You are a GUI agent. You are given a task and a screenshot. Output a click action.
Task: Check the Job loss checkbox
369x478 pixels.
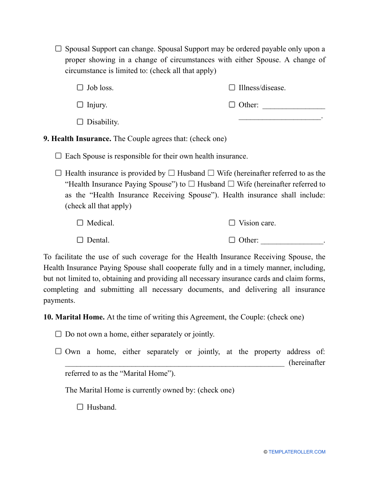(x=80, y=87)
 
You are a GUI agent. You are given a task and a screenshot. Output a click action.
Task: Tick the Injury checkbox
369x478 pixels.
(x=80, y=105)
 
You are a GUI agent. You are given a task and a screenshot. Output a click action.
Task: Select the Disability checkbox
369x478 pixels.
(x=80, y=122)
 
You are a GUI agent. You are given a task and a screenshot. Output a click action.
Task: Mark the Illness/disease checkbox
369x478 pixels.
(x=232, y=87)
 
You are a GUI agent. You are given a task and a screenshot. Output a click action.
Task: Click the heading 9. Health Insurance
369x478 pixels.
(x=77, y=139)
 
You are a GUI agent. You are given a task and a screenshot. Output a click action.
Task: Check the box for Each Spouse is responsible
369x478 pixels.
(x=58, y=156)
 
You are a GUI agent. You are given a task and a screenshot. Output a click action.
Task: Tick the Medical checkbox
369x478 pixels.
(x=80, y=223)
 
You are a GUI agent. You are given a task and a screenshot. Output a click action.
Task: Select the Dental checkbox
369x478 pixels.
(x=80, y=240)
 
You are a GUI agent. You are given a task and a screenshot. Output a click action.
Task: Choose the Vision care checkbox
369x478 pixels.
(x=232, y=223)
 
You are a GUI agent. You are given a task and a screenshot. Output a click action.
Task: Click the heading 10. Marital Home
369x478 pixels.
(x=74, y=317)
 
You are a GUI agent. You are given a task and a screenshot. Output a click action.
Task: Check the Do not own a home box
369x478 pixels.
(x=58, y=334)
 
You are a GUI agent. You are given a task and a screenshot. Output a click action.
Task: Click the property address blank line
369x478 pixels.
(x=174, y=364)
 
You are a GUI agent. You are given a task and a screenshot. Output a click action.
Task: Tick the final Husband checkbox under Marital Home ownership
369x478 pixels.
(x=80, y=407)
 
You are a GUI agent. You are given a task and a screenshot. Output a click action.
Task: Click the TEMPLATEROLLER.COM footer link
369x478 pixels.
(x=296, y=452)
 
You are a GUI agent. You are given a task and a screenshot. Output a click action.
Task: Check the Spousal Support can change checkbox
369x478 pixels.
(x=58, y=49)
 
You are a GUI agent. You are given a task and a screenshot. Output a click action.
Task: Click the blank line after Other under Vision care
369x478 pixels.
(x=292, y=241)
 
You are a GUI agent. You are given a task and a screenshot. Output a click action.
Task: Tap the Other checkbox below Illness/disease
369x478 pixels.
(x=232, y=105)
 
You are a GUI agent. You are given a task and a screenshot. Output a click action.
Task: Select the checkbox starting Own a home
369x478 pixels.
(x=58, y=351)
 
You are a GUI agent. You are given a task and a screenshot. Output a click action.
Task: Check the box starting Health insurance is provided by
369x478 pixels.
(x=58, y=173)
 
